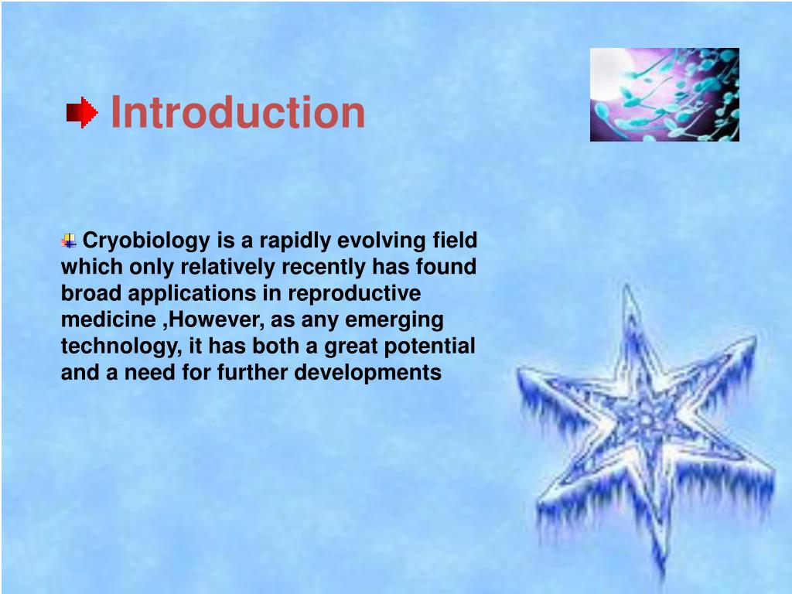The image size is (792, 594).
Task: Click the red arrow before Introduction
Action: [82, 113]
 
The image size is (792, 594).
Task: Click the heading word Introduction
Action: [237, 112]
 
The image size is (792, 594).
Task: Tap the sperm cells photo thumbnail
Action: [664, 94]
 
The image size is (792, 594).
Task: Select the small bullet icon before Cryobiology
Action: [69, 241]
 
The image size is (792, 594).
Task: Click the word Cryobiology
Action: [146, 241]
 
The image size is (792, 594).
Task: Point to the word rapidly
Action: [295, 241]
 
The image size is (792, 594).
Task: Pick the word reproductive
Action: [354, 293]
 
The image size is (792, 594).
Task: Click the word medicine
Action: [108, 319]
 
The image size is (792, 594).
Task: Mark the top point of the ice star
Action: [627, 285]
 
